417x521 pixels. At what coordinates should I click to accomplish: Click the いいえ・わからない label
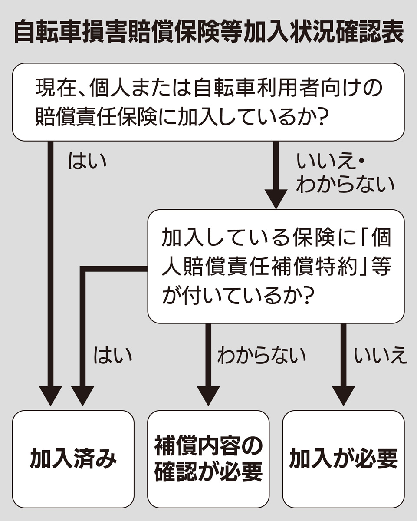click(343, 174)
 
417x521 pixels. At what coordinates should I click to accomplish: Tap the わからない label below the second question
click(261, 355)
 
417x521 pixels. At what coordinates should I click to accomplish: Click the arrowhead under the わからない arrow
click(208, 396)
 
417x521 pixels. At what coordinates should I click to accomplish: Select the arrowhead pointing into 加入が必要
click(343, 396)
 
